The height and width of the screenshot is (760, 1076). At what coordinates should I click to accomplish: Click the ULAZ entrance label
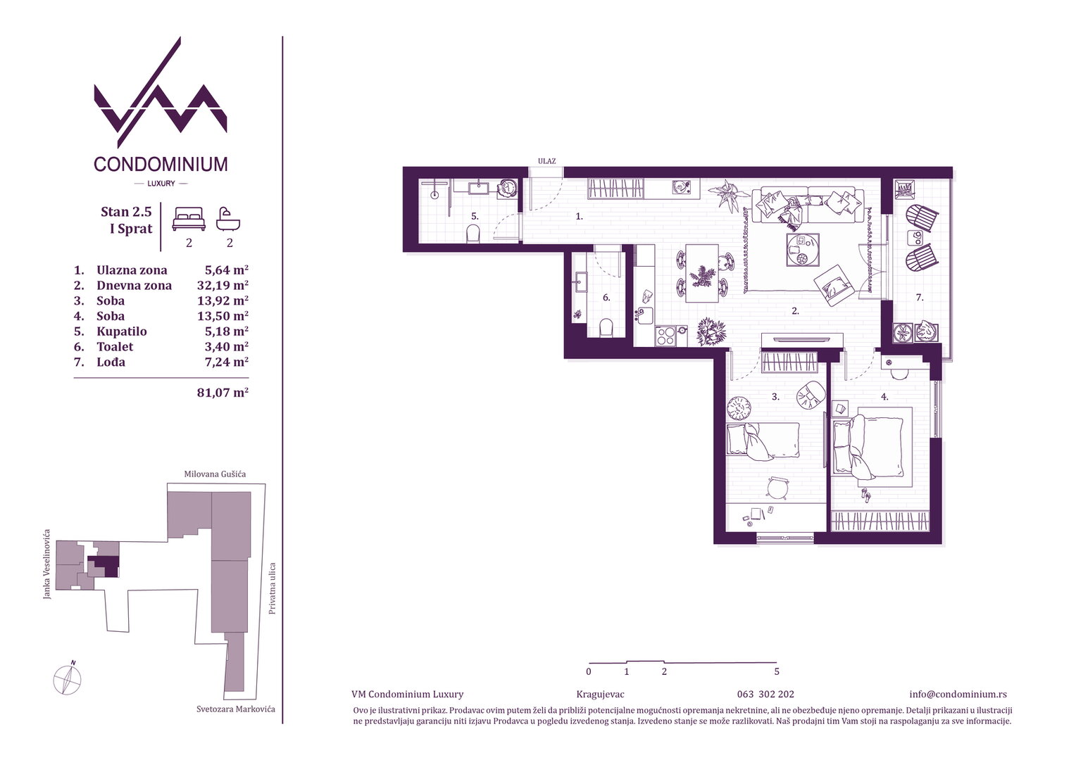coord(546,161)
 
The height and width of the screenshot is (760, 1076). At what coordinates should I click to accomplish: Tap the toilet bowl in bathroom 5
coord(473,235)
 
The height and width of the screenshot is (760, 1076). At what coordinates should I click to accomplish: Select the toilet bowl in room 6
coord(607,328)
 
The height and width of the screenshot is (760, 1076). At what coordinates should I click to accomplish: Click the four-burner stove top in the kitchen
coord(665,336)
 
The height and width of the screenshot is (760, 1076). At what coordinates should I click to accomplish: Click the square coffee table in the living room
coord(803,250)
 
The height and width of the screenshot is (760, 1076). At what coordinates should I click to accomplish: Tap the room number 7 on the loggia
coord(920,298)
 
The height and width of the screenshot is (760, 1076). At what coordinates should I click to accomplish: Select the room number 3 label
coord(775,397)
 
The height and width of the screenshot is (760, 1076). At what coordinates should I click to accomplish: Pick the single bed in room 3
coord(763,441)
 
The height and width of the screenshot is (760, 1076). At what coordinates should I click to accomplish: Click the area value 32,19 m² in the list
coord(223,285)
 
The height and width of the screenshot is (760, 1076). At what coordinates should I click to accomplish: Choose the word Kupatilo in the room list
coord(122,331)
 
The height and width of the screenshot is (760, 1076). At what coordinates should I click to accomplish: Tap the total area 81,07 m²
coord(223,393)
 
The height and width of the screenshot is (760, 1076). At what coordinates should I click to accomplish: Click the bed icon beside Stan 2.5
coord(189,219)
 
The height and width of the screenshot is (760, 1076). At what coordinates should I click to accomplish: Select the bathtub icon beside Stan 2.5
coord(228,220)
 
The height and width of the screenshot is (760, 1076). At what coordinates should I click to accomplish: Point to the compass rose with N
coord(68,679)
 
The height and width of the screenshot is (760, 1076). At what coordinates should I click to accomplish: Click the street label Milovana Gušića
coord(215,474)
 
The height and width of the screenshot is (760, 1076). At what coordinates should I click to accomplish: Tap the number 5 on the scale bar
coord(777,671)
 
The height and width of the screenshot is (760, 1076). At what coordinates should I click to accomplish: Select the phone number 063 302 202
coord(765,695)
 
